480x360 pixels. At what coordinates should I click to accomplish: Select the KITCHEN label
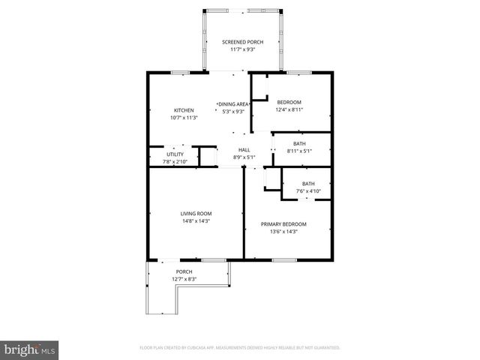coord(184,110)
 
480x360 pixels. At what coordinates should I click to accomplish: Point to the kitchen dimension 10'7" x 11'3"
coord(184,118)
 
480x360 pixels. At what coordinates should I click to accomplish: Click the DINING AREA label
coord(233,104)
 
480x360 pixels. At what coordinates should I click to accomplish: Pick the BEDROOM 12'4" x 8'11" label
coord(289,102)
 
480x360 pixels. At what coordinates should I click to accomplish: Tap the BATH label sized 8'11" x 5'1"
coord(299,143)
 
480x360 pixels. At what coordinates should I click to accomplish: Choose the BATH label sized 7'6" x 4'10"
coord(308,184)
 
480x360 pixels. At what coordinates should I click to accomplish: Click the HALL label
coord(244,149)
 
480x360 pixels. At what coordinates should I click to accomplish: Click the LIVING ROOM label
coord(195,214)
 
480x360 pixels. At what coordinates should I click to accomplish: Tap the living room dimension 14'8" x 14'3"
coord(195,221)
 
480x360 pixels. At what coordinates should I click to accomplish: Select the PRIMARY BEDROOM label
coord(283,224)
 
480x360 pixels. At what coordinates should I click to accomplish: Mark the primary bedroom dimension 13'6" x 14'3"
coord(283,232)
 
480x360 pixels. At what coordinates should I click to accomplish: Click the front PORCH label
coord(184,271)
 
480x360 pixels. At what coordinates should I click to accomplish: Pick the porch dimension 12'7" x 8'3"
coord(184,279)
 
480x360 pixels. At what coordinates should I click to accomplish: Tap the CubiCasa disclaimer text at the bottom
coord(240,348)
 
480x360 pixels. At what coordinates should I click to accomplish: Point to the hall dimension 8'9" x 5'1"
coord(244,157)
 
